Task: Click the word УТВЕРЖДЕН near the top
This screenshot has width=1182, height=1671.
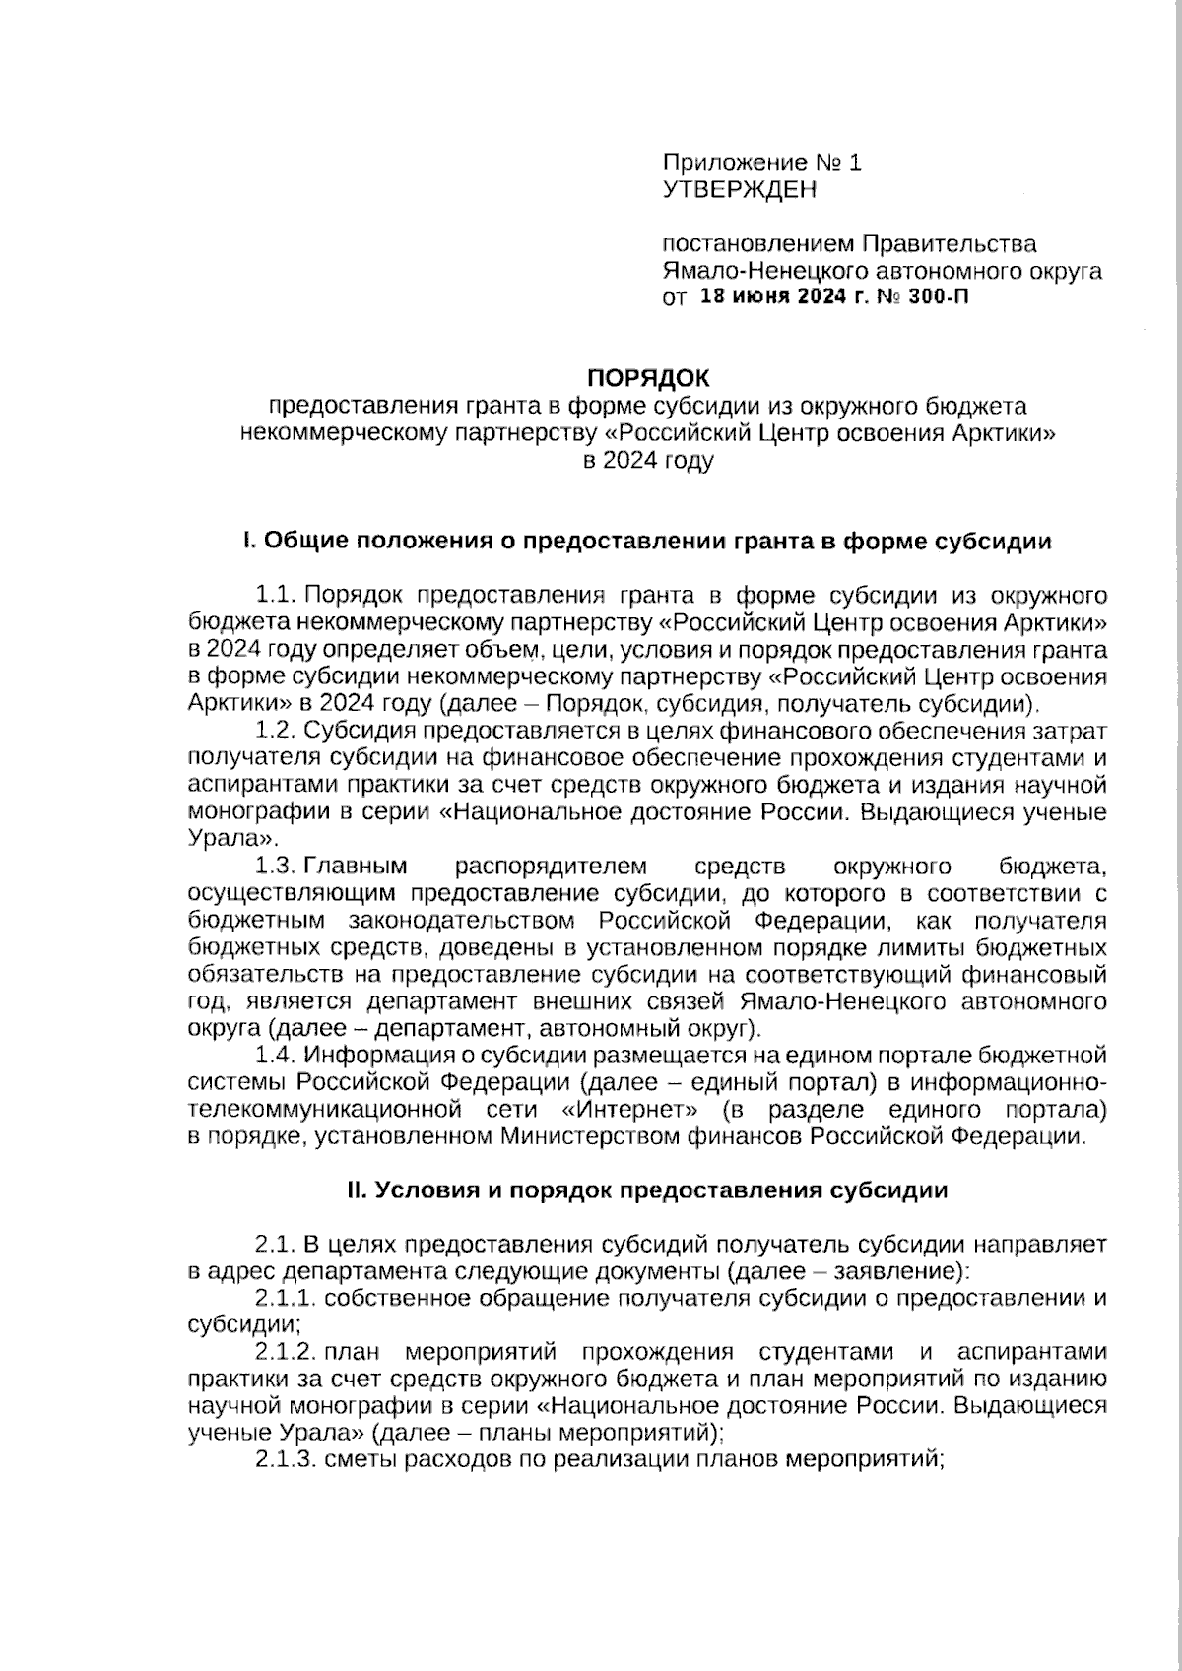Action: point(739,190)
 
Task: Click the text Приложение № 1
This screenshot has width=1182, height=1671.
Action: point(761,162)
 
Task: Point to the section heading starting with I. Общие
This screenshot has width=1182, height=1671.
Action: point(647,542)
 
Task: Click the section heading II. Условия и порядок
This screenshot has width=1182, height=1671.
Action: point(647,1190)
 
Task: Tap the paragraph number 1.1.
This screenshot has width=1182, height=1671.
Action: point(276,596)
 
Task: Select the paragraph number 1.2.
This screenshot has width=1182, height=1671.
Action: point(276,731)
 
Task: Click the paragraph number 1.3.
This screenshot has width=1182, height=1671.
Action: point(276,867)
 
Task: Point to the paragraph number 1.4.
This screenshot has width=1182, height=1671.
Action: point(276,1056)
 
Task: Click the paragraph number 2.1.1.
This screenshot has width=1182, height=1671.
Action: point(285,1298)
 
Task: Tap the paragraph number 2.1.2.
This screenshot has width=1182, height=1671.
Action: point(285,1351)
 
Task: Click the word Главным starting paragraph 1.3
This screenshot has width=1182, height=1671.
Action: point(356,867)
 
